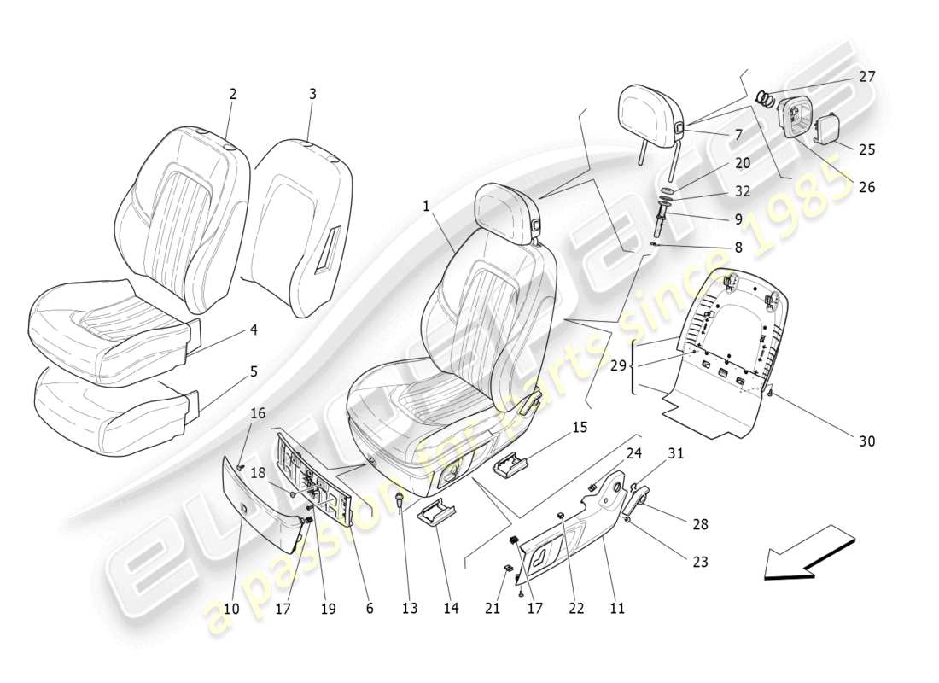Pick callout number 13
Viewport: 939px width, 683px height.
coord(411,609)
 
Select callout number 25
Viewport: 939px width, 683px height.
coord(867,149)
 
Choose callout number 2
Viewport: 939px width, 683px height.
coord(232,95)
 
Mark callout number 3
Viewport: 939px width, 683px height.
coord(312,95)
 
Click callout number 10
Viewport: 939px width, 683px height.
coord(230,609)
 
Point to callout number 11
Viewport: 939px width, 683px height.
coord(616,609)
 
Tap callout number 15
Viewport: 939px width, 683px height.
coord(580,427)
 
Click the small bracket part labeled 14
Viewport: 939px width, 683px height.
coord(434,515)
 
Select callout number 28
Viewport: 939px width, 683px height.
coord(700,524)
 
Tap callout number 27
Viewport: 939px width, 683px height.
coord(867,76)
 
